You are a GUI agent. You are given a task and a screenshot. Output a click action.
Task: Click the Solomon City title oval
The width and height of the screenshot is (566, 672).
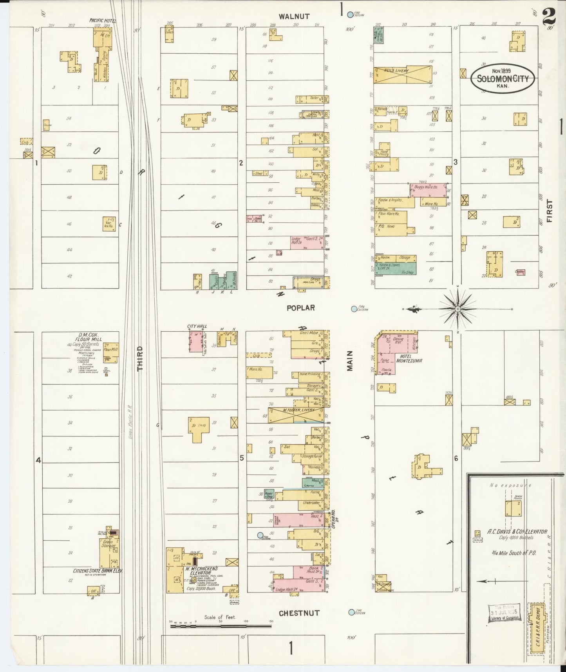[x=502, y=78]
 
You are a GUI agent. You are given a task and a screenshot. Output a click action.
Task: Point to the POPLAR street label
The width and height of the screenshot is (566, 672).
[x=300, y=308]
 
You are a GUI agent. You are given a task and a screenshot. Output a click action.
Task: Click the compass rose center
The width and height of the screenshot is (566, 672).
[x=457, y=309]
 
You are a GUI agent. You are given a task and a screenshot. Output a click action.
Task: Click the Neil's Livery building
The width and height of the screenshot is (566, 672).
[x=403, y=74]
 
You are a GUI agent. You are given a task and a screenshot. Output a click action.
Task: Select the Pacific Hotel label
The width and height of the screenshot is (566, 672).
[x=103, y=20]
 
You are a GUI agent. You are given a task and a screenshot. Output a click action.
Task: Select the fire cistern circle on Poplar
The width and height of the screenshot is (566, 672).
[x=354, y=309]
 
